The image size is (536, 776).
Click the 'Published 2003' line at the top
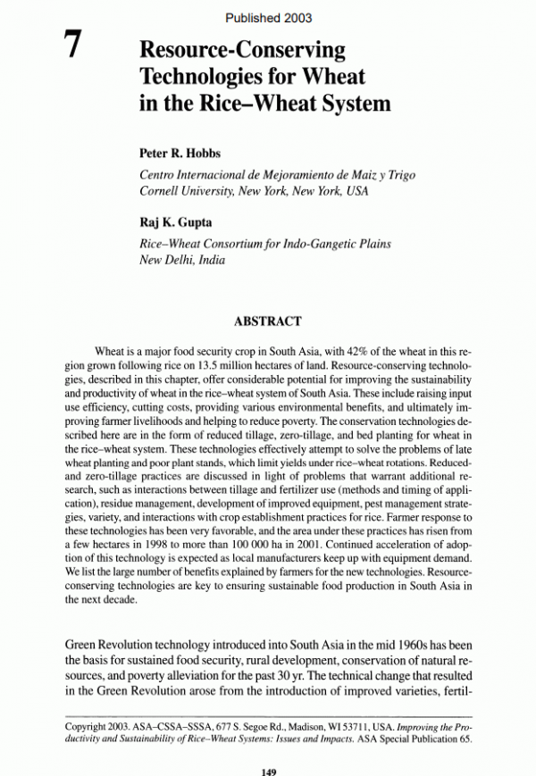click(267, 17)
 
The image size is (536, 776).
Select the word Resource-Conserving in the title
click(242, 50)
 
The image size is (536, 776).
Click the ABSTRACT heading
click(267, 321)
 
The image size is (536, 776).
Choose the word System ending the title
click(354, 104)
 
